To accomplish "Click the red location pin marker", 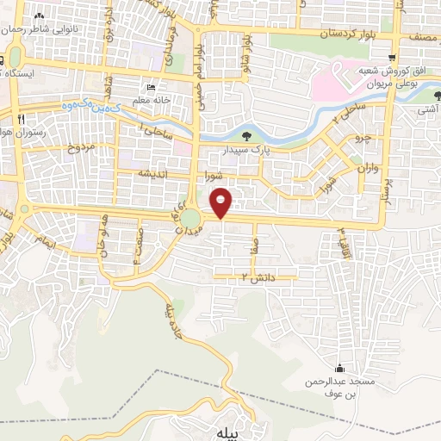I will (221, 203).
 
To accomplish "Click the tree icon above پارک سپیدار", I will (248, 135).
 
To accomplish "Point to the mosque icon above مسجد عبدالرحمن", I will (344, 368).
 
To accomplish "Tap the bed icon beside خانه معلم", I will (152, 89).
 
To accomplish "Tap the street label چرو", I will (360, 137).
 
